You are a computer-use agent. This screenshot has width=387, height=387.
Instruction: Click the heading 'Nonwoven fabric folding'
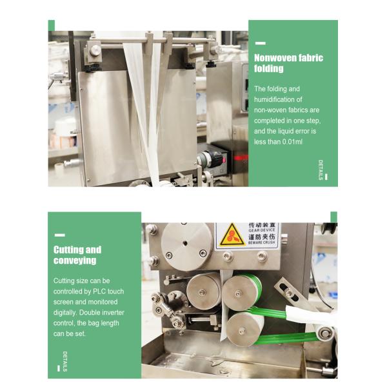[x=288, y=63]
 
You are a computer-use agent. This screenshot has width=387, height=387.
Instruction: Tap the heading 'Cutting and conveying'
[x=77, y=255]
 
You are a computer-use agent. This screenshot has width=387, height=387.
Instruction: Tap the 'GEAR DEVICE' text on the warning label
[x=262, y=230]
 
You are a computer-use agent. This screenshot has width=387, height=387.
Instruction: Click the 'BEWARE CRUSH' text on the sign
[x=261, y=243]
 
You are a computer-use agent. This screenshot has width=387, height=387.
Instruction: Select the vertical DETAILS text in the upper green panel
[x=321, y=170]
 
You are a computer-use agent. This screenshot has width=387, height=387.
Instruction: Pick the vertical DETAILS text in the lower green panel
[x=65, y=361]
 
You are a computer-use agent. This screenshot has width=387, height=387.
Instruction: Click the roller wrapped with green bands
[x=242, y=292]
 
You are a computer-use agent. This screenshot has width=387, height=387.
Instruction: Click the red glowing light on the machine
[x=241, y=158]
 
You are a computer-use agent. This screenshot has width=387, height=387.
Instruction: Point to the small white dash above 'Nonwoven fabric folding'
[x=260, y=43]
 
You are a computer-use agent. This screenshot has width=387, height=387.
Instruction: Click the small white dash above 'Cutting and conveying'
[x=59, y=235]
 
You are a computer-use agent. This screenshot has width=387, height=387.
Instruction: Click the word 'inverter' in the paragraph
[x=112, y=312]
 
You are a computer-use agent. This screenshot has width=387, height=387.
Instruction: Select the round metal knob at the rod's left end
[x=95, y=50]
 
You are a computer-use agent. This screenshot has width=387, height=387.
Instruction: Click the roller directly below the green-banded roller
[x=244, y=330]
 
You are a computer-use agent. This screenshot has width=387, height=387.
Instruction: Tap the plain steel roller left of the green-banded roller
[x=203, y=292]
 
